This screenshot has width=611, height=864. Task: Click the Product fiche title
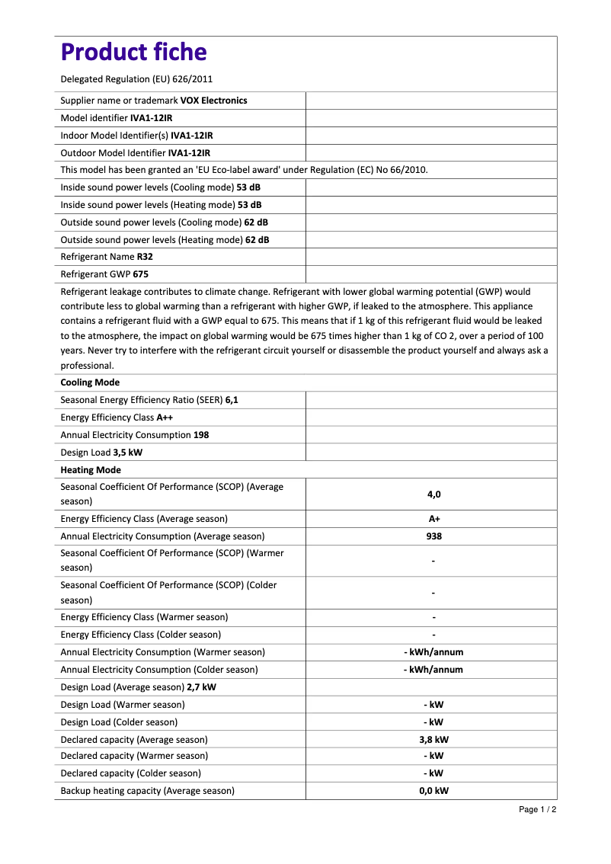point(133,53)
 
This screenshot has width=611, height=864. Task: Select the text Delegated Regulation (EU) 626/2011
point(136,79)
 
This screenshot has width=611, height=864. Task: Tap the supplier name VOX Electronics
point(213,101)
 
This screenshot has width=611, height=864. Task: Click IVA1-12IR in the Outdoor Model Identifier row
point(189,153)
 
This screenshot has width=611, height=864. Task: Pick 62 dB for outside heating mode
point(257,240)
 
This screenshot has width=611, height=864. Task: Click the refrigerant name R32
point(145,258)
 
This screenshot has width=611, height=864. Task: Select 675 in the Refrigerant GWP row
point(141,275)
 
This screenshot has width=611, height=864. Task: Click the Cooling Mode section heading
point(90,382)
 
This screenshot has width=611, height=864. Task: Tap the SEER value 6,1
point(232,400)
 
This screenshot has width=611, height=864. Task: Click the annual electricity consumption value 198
point(201,435)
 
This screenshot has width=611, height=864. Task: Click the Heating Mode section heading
point(91,470)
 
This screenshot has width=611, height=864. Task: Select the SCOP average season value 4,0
point(433,494)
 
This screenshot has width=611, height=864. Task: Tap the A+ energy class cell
point(433,519)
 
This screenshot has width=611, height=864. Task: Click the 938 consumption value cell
point(433,536)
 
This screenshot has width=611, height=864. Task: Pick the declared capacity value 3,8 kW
point(433,740)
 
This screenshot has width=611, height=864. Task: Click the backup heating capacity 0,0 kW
point(433,791)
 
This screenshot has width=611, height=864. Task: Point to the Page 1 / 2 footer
point(537,809)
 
